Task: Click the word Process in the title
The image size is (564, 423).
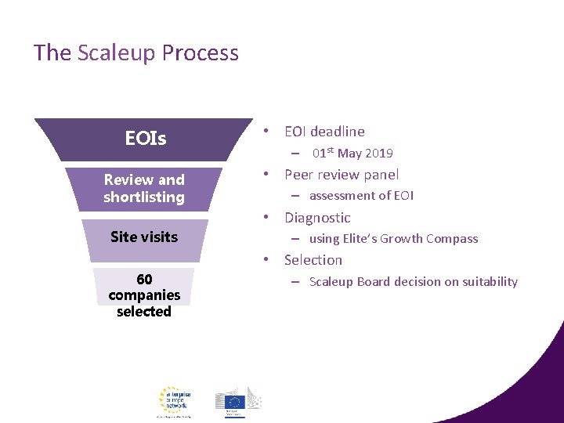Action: click(201, 53)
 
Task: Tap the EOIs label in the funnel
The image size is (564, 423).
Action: click(145, 139)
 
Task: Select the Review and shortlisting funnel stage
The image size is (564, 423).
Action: click(144, 189)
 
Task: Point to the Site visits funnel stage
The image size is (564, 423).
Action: click(144, 237)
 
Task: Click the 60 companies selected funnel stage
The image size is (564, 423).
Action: click(144, 295)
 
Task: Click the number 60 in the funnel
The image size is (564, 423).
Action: click(144, 280)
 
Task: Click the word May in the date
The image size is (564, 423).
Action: click(349, 154)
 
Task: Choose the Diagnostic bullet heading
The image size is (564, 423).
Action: click(317, 218)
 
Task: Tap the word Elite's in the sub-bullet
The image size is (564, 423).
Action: click(361, 239)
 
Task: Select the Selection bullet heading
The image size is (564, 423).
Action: click(313, 260)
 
